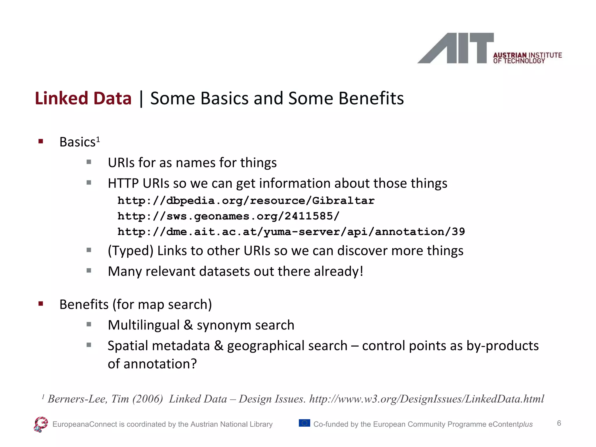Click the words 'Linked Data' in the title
(x=83, y=98)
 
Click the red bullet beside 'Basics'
(x=41, y=141)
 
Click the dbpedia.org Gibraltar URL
(x=246, y=201)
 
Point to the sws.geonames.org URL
(x=228, y=216)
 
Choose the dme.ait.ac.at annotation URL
(x=291, y=232)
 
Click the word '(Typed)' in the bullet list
(x=130, y=251)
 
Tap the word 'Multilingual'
(x=144, y=325)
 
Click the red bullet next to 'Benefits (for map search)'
(x=41, y=304)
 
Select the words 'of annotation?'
(x=152, y=364)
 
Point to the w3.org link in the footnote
(x=426, y=399)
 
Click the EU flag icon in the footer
(x=304, y=423)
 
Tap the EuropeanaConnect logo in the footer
(x=41, y=424)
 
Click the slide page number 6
(x=559, y=423)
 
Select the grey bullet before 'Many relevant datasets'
(x=89, y=271)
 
